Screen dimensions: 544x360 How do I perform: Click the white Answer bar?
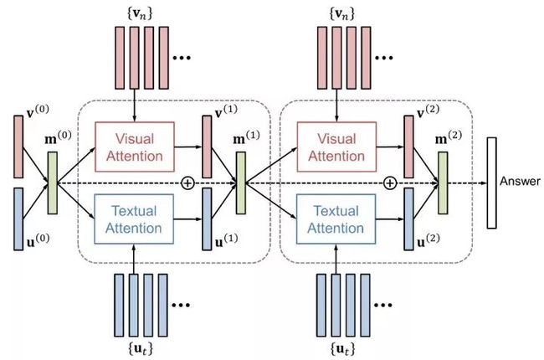pyautogui.click(x=491, y=183)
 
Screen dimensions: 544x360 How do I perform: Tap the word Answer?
pyautogui.click(x=520, y=181)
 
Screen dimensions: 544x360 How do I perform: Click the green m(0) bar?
pyautogui.click(x=53, y=183)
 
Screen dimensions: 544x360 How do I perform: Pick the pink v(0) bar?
pyautogui.click(x=18, y=147)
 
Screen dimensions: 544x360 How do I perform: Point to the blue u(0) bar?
pyautogui.click(x=18, y=219)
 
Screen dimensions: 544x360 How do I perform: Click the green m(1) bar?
pyautogui.click(x=241, y=183)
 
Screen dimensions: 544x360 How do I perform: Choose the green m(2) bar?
pyautogui.click(x=443, y=183)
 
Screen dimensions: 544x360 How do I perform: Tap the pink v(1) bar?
pyautogui.click(x=207, y=147)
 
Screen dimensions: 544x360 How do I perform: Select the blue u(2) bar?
pyautogui.click(x=409, y=219)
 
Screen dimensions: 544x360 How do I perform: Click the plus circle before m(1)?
pyautogui.click(x=187, y=183)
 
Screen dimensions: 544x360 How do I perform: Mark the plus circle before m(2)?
pyautogui.click(x=390, y=183)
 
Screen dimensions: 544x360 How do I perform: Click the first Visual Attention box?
pyautogui.click(x=135, y=147)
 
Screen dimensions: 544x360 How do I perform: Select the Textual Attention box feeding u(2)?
pyautogui.click(x=336, y=219)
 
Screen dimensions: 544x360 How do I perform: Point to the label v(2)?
pyautogui.click(x=428, y=112)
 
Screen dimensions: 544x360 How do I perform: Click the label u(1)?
pyautogui.click(x=226, y=240)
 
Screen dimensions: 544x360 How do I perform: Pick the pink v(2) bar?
pyautogui.click(x=409, y=147)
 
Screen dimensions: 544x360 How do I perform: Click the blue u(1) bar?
pyautogui.click(x=207, y=219)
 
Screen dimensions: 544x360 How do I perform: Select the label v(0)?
pyautogui.click(x=38, y=112)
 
